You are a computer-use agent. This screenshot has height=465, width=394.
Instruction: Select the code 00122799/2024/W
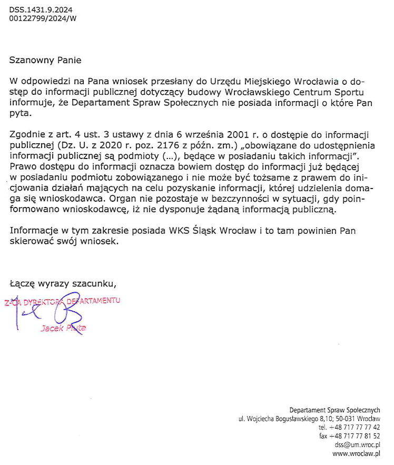click(43, 18)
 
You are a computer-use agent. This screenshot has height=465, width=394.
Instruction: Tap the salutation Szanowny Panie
click(45, 60)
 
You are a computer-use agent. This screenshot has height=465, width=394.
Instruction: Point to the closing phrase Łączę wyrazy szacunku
click(63, 283)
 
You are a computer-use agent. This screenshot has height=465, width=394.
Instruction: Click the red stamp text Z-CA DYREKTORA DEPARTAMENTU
click(62, 301)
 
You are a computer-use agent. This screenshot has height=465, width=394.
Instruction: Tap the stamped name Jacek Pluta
click(63, 328)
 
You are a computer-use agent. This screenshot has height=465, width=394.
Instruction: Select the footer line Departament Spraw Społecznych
click(334, 410)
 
